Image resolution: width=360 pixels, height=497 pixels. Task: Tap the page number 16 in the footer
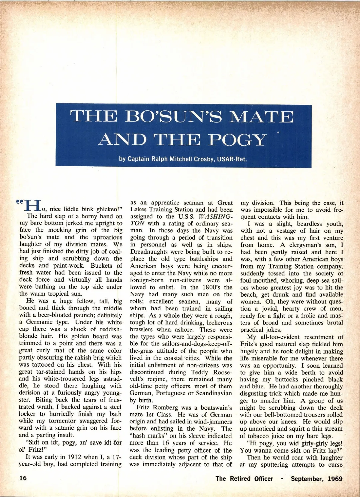[23, 478]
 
